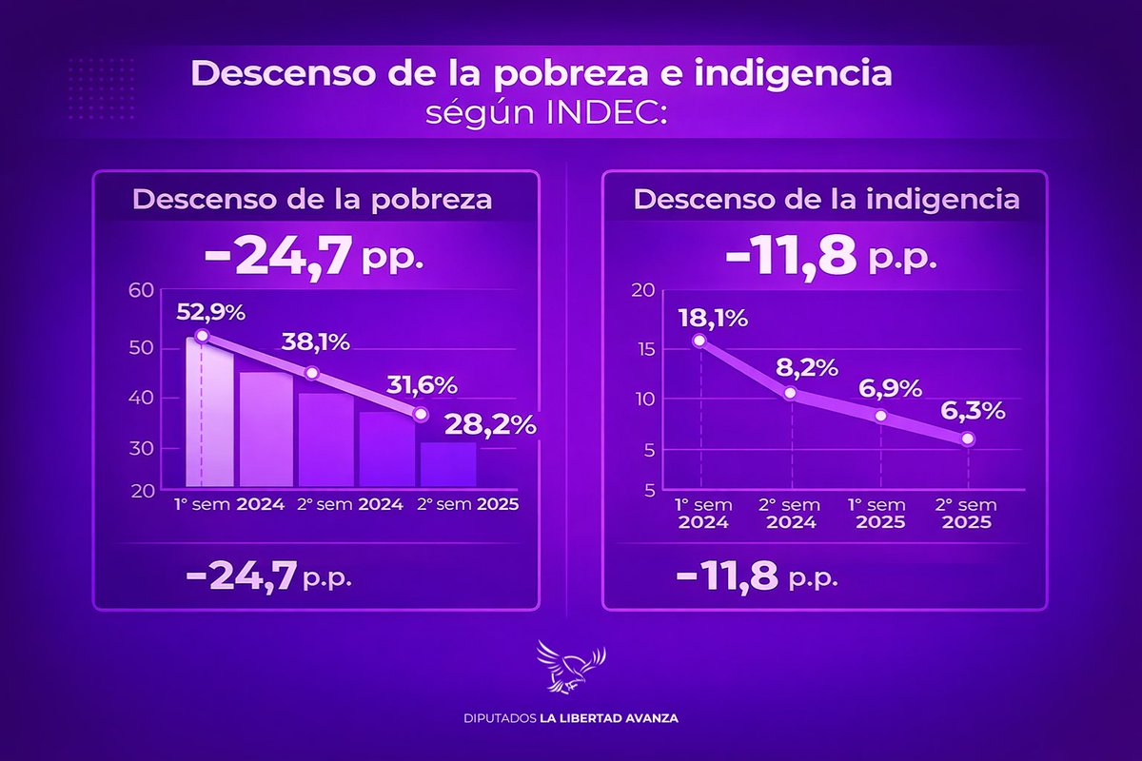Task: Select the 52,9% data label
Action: (210, 312)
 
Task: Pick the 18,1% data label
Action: (713, 317)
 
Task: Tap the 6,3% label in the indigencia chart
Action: (972, 413)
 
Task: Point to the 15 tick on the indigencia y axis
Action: (648, 350)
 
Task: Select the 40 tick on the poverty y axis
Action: (141, 398)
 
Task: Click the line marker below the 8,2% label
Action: (790, 392)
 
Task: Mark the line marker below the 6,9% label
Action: (881, 416)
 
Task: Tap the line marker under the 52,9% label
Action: (202, 336)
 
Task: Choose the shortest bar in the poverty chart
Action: (447, 464)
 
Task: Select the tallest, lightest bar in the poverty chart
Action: (208, 414)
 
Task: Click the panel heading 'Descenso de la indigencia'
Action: (826, 201)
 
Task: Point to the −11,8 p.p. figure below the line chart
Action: (757, 576)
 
